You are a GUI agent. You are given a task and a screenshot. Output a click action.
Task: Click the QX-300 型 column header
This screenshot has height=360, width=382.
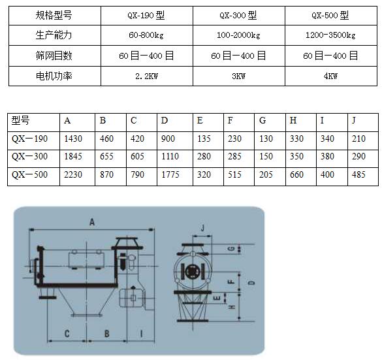(x=238, y=16)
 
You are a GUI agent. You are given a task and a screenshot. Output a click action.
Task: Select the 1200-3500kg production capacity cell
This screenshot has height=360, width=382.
(x=330, y=35)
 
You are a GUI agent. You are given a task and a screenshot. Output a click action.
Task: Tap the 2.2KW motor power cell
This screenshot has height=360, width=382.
(x=146, y=76)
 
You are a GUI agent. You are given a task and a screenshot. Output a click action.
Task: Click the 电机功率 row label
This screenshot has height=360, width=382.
(x=54, y=76)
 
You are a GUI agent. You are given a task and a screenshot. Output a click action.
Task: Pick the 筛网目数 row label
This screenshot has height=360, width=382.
(x=54, y=56)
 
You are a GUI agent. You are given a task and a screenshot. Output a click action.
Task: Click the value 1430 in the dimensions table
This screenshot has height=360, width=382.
(x=73, y=139)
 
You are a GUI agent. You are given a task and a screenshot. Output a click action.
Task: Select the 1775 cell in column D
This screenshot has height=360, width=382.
(x=170, y=174)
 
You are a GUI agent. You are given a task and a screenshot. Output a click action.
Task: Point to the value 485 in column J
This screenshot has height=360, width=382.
(x=358, y=174)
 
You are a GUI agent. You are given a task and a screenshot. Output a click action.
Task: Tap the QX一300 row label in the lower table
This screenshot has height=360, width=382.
(x=29, y=156)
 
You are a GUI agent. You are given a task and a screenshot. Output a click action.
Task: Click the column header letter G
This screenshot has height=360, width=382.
(x=263, y=120)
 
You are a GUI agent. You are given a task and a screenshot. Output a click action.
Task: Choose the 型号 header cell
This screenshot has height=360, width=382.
(x=20, y=120)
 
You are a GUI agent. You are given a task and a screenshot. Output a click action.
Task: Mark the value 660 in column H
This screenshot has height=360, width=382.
(x=296, y=174)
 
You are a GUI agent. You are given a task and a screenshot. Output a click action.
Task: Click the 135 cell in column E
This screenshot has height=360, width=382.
(x=204, y=139)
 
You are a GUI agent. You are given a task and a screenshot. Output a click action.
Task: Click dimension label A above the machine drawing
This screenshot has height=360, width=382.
(x=92, y=222)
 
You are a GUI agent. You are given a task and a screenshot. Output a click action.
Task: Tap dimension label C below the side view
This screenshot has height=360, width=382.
(x=67, y=334)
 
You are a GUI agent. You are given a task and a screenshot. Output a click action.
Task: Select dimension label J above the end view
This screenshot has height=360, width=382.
(x=202, y=228)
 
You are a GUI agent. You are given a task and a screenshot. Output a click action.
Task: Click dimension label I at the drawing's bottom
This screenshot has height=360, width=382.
(x=141, y=333)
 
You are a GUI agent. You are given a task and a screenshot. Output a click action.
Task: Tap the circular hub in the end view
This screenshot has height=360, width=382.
(x=192, y=271)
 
